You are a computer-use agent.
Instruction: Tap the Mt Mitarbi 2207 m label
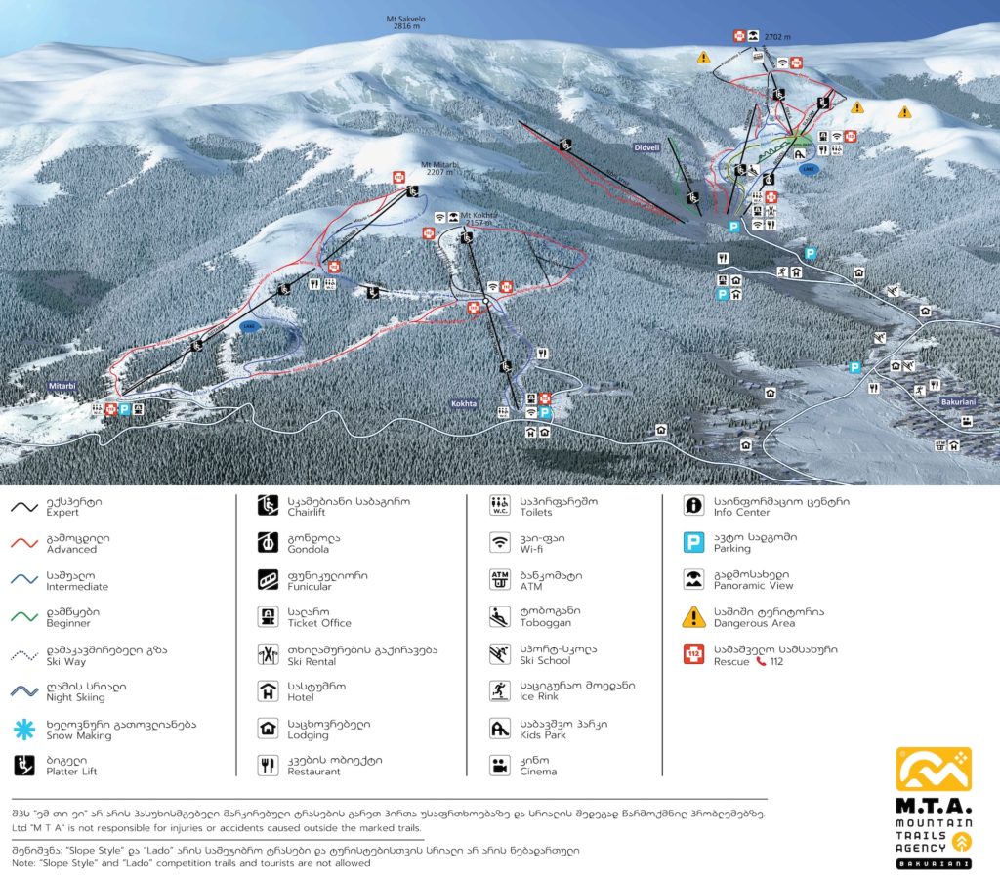coord(438,168)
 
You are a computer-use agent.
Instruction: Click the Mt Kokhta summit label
coord(479,218)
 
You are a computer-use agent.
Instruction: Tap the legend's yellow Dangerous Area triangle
coord(693,617)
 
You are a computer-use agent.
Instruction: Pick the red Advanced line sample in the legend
coord(24,543)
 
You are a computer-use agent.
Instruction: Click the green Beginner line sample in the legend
coord(24,617)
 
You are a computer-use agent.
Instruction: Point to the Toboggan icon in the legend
coord(500,617)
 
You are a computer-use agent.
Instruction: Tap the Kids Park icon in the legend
coord(500,729)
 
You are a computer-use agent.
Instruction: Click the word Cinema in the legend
coord(538,772)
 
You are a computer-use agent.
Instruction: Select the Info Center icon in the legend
coord(693,506)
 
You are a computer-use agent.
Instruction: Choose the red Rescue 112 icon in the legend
coord(693,654)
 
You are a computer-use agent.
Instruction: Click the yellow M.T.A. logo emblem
coord(934,770)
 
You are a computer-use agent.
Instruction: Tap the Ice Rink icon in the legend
coord(500,691)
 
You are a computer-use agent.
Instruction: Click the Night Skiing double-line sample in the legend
coord(24,691)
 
